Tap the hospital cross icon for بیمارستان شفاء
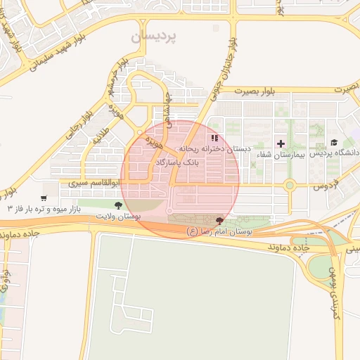click(x=281, y=143)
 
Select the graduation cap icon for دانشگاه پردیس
click(x=333, y=142)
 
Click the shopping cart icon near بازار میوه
click(x=44, y=199)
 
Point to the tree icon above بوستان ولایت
click(x=117, y=205)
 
